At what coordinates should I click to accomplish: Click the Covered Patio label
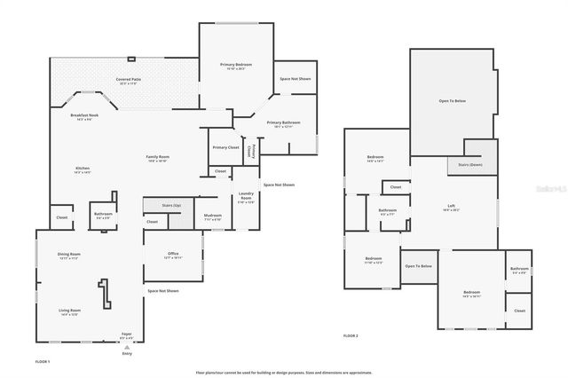point(130,79)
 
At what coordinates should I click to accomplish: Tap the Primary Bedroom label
point(236,65)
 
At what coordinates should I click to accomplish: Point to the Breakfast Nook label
point(84,115)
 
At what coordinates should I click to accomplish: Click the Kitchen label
point(82,169)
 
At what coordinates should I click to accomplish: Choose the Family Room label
point(158,157)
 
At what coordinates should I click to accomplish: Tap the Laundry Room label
point(246,198)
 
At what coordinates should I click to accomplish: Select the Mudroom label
point(212,216)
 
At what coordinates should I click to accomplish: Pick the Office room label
point(173,254)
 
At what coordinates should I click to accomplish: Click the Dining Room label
point(69,255)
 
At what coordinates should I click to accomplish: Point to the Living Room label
point(69,311)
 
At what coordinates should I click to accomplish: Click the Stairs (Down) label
point(470,164)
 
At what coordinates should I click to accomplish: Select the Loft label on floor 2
point(451,206)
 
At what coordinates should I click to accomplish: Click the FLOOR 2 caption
point(351,335)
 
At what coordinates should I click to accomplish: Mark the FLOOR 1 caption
point(43,361)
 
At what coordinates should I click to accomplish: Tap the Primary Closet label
point(225,147)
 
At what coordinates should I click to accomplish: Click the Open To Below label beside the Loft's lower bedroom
point(418,266)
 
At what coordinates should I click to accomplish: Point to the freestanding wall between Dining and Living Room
point(106,292)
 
